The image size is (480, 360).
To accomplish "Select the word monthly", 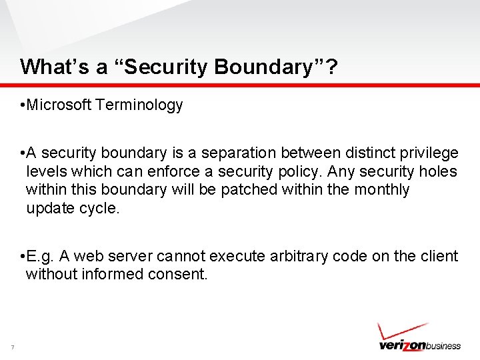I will [381, 190].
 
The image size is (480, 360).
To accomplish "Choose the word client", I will [438, 257].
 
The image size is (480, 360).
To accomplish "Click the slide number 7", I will [12, 346].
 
